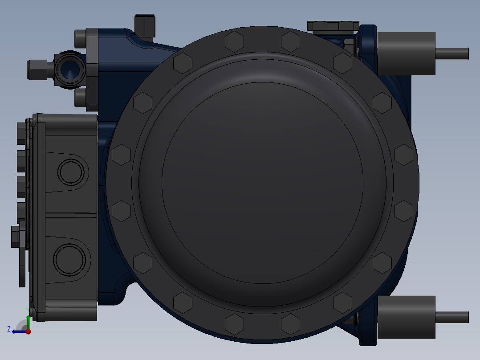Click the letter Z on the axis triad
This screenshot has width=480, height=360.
coord(9,329)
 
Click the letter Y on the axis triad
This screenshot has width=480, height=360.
coord(28,311)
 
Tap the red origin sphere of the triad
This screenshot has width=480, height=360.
coord(28,331)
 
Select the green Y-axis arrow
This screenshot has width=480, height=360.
coord(28,322)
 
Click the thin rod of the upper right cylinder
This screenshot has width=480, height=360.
coord(452,53)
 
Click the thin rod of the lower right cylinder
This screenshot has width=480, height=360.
coord(452,317)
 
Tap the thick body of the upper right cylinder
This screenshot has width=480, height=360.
coord(407,53)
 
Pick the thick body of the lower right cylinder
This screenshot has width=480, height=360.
coord(407,317)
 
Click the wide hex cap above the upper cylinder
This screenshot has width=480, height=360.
coord(333,26)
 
